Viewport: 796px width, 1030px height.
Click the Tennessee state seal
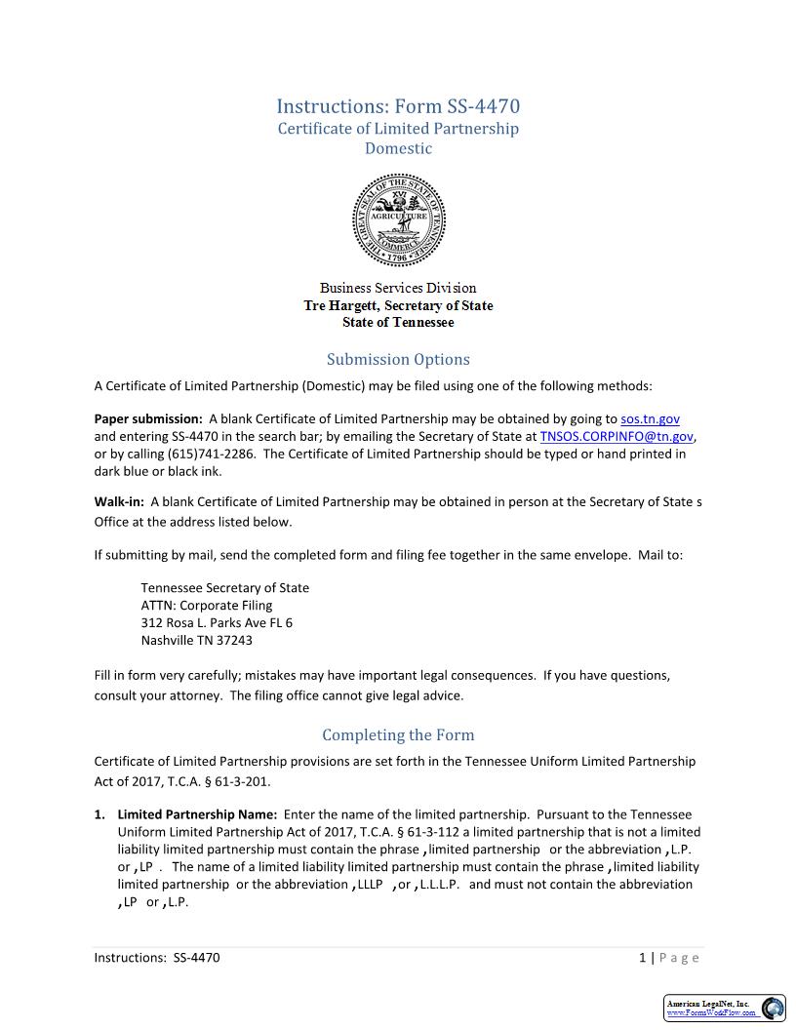pyautogui.click(x=398, y=220)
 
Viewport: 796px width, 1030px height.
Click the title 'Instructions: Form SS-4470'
pyautogui.click(x=398, y=106)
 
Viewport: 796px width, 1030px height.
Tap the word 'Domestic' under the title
pyautogui.click(x=398, y=149)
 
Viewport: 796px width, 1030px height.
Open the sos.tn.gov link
pyautogui.click(x=650, y=419)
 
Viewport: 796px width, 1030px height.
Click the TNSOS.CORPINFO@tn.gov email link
pyautogui.click(x=617, y=437)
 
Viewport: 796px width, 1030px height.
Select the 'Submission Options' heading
pyautogui.click(x=398, y=360)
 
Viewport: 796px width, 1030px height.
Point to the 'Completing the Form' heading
pyautogui.click(x=398, y=735)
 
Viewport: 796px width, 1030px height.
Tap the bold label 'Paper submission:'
pyautogui.click(x=148, y=419)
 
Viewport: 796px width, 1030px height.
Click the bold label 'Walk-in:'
pyautogui.click(x=119, y=502)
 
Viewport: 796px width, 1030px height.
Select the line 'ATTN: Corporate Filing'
pyautogui.click(x=207, y=606)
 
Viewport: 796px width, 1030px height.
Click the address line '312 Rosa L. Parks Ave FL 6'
pyautogui.click(x=217, y=623)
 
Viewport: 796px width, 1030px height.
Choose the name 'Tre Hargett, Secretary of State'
pyautogui.click(x=398, y=306)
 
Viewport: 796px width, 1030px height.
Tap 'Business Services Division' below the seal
pyautogui.click(x=398, y=289)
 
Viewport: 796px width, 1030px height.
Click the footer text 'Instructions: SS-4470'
pyautogui.click(x=157, y=958)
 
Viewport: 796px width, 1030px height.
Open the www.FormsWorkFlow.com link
pyautogui.click(x=711, y=1013)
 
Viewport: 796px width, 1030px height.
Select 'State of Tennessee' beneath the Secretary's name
pyautogui.click(x=398, y=323)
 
